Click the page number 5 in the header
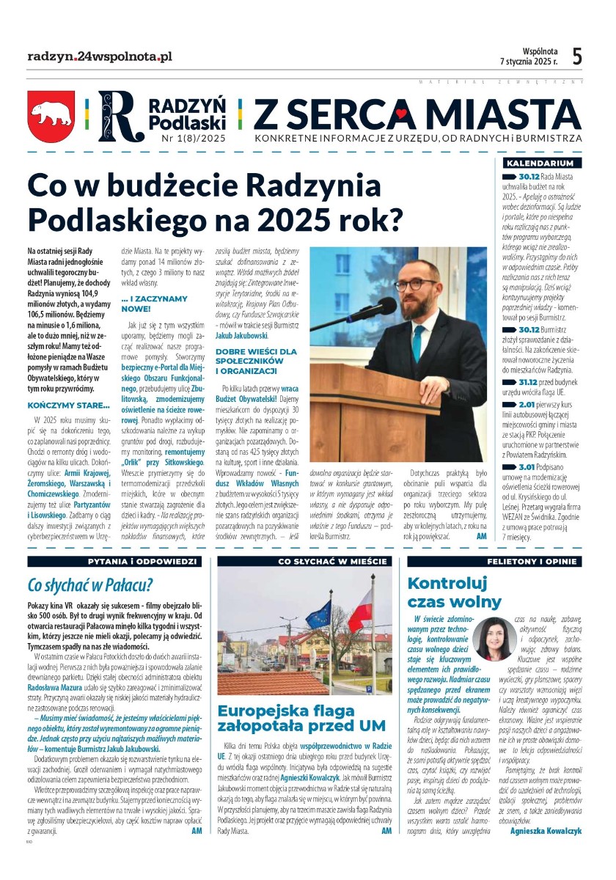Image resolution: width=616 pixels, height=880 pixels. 577,56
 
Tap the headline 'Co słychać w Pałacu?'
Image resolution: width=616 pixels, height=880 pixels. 89,585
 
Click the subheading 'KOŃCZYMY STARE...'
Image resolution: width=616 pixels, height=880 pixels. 68,406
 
